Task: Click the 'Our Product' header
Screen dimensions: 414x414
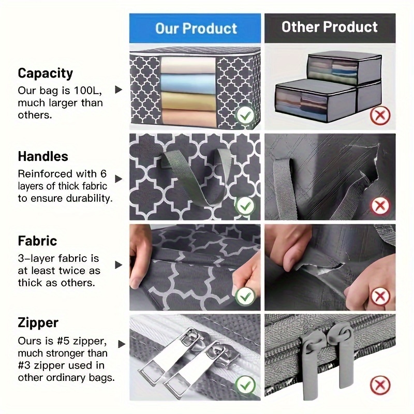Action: click(196, 28)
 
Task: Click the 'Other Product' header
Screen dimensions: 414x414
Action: click(330, 27)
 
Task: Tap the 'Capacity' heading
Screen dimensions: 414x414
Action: click(46, 73)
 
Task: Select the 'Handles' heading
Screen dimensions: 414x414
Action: click(43, 156)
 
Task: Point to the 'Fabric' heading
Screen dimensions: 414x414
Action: click(37, 241)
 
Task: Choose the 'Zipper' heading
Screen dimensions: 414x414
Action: click(38, 323)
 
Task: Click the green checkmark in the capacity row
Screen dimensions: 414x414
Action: click(245, 115)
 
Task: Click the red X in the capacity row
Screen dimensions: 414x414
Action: click(380, 115)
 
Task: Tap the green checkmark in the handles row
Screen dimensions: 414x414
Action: click(245, 205)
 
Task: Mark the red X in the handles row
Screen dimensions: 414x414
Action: click(380, 205)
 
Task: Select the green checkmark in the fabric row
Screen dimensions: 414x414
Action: click(245, 297)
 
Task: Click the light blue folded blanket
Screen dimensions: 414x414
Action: click(188, 83)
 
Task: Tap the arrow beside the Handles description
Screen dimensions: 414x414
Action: click(119, 179)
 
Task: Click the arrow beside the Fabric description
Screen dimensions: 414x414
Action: click(119, 265)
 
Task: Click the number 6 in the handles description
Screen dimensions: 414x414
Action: click(103, 174)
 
